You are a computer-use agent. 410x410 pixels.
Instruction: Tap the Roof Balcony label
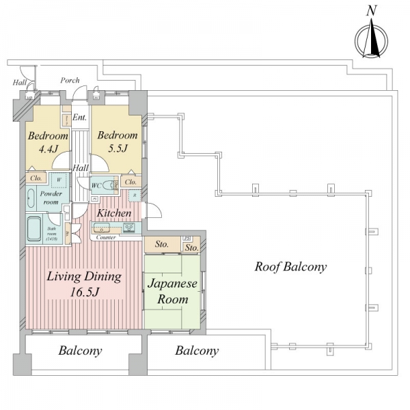tap(290, 266)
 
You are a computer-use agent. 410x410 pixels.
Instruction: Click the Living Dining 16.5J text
tap(84, 284)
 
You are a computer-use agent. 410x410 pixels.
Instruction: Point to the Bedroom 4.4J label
tap(47, 141)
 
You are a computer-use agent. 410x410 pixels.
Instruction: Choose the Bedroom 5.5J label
tap(117, 141)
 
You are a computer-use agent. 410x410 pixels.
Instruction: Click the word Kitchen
tap(113, 213)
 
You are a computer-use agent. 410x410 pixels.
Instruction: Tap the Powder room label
tap(51, 197)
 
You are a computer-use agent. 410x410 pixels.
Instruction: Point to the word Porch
tap(70, 80)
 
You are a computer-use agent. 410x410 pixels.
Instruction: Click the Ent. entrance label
tap(79, 118)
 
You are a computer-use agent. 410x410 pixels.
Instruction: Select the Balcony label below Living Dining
tap(80, 351)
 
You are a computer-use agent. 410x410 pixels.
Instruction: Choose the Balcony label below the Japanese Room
tap(197, 351)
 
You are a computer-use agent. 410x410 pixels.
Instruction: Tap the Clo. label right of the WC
tap(131, 182)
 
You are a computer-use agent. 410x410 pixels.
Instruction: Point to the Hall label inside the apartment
tap(81, 167)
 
